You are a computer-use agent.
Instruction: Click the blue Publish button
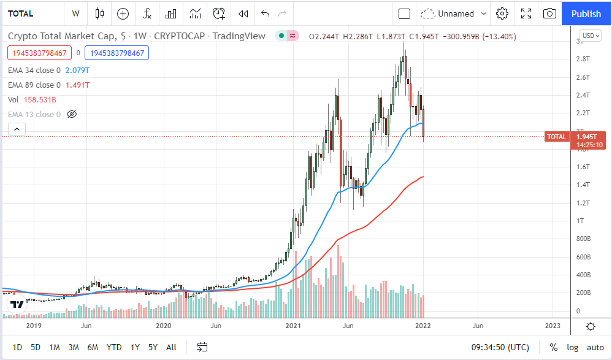click(586, 13)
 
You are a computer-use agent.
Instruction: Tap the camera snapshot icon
click(550, 13)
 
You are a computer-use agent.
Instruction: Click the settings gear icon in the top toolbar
click(502, 13)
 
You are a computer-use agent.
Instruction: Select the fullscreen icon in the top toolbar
click(526, 13)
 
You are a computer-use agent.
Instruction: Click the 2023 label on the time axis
click(552, 326)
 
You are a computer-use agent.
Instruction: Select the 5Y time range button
click(153, 347)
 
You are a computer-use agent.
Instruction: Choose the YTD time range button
click(114, 347)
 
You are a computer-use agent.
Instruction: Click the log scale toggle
click(572, 347)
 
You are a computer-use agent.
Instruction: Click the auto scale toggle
click(595, 347)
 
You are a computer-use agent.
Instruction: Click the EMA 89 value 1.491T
click(77, 85)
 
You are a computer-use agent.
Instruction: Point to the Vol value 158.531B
click(40, 99)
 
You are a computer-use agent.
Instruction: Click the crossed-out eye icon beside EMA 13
click(71, 114)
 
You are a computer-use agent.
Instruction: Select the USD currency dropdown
click(591, 36)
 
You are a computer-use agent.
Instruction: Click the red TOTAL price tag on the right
click(557, 137)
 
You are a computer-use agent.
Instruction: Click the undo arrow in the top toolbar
click(265, 13)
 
